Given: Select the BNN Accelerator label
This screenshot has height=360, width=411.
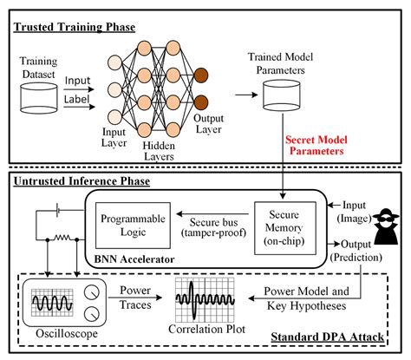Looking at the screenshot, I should tap(133, 258).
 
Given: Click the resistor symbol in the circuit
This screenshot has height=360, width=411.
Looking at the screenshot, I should tap(60, 235).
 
